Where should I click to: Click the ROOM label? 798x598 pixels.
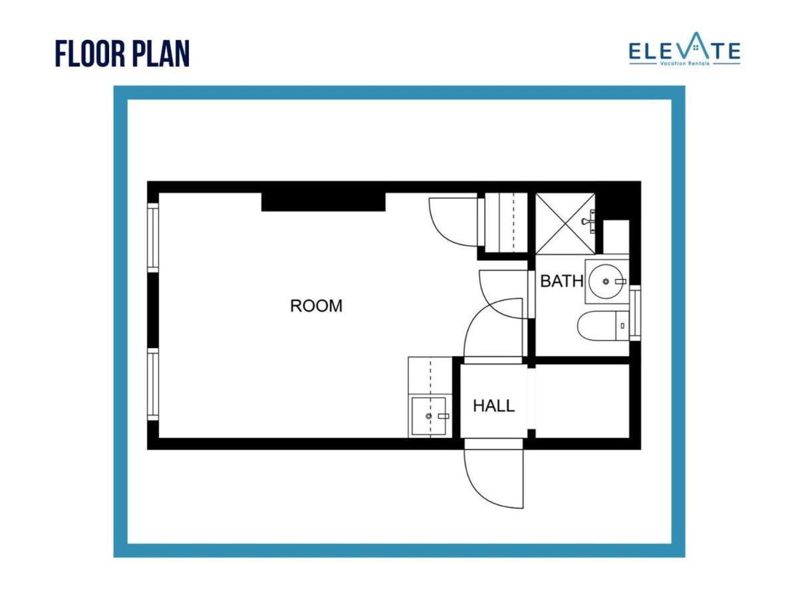pos(317,306)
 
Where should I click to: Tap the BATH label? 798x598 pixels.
pos(561,281)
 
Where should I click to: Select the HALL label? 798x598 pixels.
pos(493,405)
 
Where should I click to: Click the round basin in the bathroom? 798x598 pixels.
pos(606,282)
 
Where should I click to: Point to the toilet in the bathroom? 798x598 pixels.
pos(602,326)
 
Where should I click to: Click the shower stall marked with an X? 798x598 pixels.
pos(565,224)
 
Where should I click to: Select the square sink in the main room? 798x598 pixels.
pos(430,416)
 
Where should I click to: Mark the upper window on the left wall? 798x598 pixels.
pos(153,237)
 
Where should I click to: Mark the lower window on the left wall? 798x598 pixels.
pos(153,385)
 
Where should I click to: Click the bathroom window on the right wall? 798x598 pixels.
pos(634,312)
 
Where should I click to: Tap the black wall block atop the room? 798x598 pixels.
pos(323,201)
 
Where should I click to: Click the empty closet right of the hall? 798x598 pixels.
pos(582,401)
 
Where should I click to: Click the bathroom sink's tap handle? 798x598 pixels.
pos(620,282)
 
